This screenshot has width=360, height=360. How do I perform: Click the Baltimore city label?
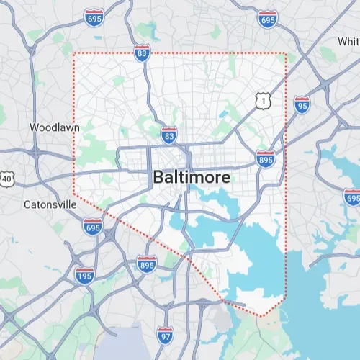pyautogui.click(x=192, y=177)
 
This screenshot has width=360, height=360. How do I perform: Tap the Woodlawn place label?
pyautogui.click(x=54, y=127)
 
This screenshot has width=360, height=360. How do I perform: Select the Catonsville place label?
pyautogui.click(x=50, y=204)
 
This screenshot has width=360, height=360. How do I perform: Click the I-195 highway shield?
pyautogui.click(x=85, y=274)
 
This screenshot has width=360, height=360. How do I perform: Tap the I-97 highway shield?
pyautogui.click(x=166, y=333)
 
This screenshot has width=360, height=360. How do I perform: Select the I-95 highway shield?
pyautogui.click(x=302, y=105)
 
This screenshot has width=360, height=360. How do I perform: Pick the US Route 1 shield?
pyautogui.click(x=264, y=102)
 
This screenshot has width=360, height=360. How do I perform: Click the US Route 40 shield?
pyautogui.click(x=6, y=177)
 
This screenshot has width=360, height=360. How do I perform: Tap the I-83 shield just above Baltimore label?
pyautogui.click(x=168, y=135)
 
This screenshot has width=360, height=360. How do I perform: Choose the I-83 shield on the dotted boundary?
pyautogui.click(x=142, y=53)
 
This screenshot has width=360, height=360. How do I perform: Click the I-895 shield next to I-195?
pyautogui.click(x=146, y=265)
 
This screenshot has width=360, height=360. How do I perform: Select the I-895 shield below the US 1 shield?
pyautogui.click(x=264, y=158)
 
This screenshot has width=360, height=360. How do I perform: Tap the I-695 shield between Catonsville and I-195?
pyautogui.click(x=91, y=227)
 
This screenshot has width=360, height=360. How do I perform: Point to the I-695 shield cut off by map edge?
pyautogui.click(x=352, y=196)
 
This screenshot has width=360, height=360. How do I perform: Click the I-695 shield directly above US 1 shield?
pyautogui.click(x=267, y=19)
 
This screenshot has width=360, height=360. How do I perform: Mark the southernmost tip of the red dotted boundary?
pyautogui.click(x=262, y=316)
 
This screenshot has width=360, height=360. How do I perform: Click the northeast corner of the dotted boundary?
pyautogui.click(x=287, y=53)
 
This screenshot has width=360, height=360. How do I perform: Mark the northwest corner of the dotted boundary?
pyautogui.click(x=74, y=53)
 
